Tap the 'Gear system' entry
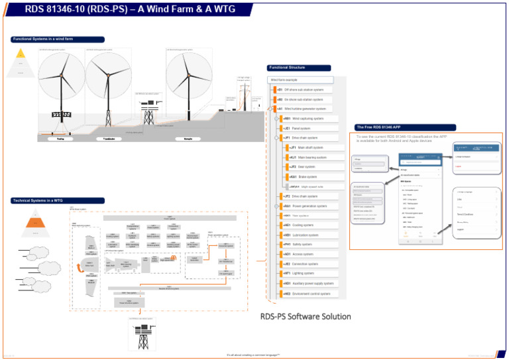tap(306, 167)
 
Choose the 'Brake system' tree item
tap(307, 177)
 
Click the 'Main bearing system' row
tap(311, 158)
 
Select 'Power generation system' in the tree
tap(310, 206)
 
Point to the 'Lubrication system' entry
tap(306, 235)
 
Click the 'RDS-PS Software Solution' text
tap(305, 316)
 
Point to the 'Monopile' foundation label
tap(183, 139)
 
